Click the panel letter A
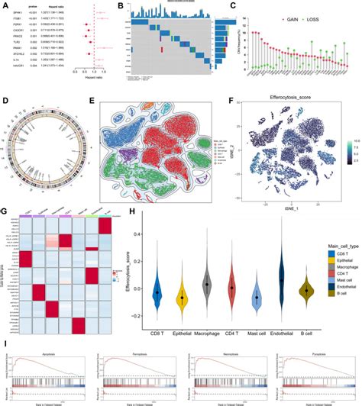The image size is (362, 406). point(4,5)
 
